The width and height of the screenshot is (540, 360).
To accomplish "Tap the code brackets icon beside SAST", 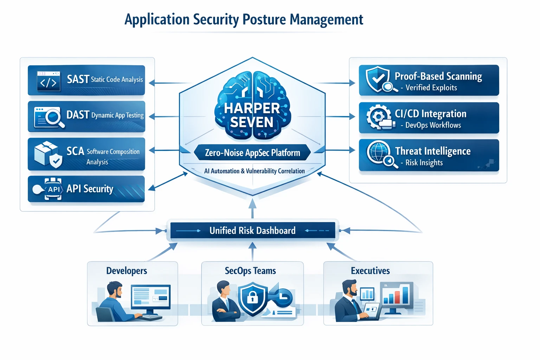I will click(x=48, y=82).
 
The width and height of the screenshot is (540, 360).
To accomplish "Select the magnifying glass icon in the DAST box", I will click(x=53, y=117).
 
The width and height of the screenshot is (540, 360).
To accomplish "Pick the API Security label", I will click(x=90, y=189).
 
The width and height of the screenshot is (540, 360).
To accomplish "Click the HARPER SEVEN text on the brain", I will click(x=252, y=115).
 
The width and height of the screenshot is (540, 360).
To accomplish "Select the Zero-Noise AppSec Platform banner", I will click(x=252, y=153).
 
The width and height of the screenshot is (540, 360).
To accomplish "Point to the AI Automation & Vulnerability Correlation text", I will click(x=254, y=171).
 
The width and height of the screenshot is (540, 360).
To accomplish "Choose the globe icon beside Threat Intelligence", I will click(x=378, y=152).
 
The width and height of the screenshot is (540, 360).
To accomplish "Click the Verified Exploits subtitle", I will click(x=431, y=88).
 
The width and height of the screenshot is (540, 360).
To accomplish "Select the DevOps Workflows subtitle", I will click(x=433, y=125).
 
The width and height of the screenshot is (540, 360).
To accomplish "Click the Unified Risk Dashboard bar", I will click(x=252, y=231).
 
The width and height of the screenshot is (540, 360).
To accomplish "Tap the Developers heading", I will click(x=127, y=271).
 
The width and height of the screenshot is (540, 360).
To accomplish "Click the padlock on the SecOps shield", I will click(x=252, y=298).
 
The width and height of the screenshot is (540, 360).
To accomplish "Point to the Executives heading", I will click(x=370, y=271).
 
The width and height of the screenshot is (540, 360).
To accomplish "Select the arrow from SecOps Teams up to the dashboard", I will click(x=252, y=251).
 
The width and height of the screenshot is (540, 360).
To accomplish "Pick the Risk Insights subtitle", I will click(x=424, y=163).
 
